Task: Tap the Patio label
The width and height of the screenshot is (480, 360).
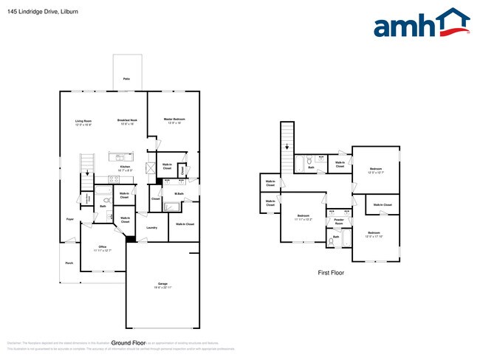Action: (x=126, y=77)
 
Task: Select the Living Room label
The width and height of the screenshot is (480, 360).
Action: (x=83, y=122)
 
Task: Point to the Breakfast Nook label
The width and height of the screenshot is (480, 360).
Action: (x=128, y=122)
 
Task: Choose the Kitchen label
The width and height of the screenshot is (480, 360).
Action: (x=125, y=168)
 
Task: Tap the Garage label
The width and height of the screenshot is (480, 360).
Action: (x=162, y=284)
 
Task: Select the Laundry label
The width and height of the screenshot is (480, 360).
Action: (x=151, y=227)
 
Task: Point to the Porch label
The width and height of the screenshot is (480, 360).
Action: (x=69, y=263)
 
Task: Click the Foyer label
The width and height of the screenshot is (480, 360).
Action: (x=69, y=219)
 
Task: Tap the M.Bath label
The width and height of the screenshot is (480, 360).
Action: (x=179, y=194)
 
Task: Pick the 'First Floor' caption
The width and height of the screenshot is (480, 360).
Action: (x=331, y=272)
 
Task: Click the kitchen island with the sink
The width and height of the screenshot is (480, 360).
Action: (x=120, y=156)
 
